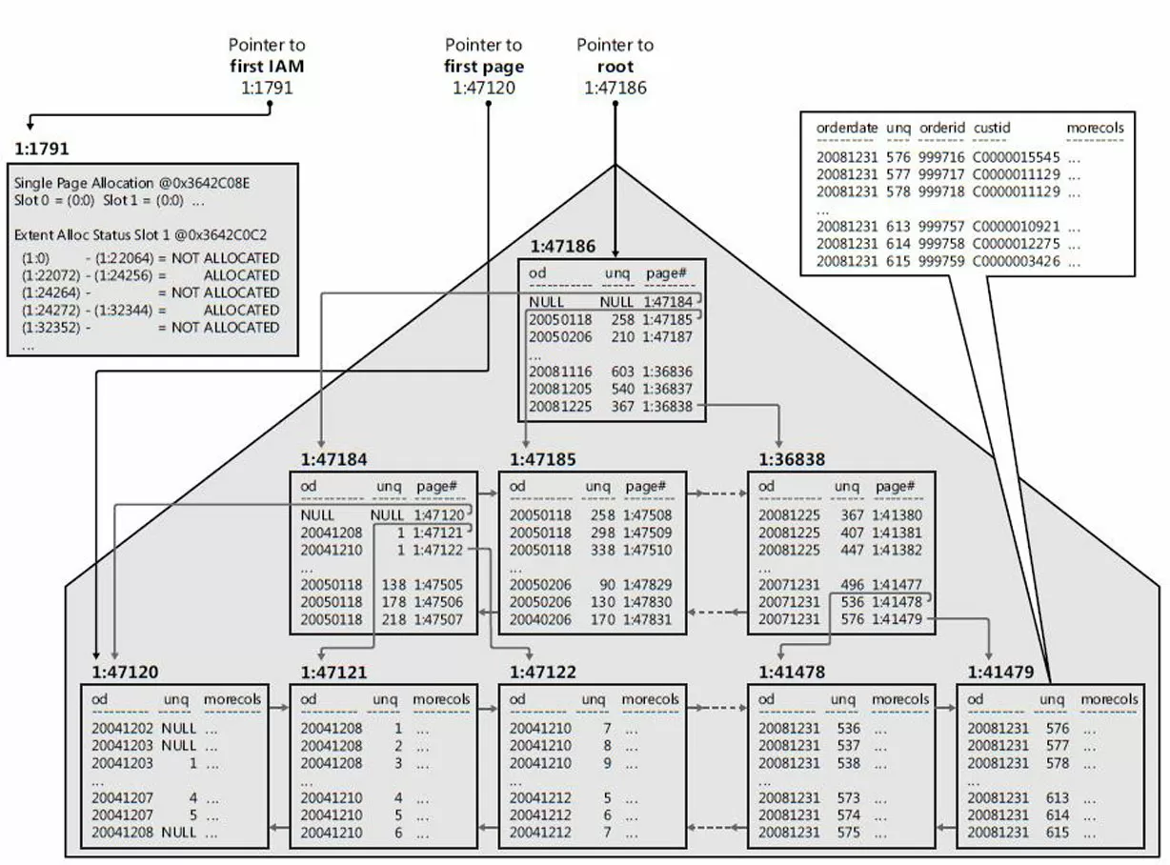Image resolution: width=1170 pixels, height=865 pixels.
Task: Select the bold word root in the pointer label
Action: [x=615, y=67]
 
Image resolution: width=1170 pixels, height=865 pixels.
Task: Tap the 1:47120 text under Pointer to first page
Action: [x=483, y=88]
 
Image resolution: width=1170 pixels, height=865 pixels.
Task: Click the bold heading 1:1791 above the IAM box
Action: [x=42, y=149]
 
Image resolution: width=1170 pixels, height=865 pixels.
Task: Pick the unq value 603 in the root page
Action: [x=623, y=372]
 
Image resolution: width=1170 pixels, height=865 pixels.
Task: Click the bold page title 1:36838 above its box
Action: [x=792, y=459]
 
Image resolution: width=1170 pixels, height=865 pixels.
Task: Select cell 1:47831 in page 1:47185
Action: [x=648, y=619]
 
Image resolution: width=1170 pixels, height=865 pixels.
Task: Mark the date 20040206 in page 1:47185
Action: [x=540, y=619]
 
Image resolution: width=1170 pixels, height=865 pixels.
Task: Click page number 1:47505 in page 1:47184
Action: [x=438, y=585]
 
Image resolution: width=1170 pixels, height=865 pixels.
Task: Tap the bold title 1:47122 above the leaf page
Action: [x=543, y=673]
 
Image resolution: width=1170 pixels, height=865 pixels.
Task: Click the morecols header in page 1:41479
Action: [x=1109, y=699]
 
